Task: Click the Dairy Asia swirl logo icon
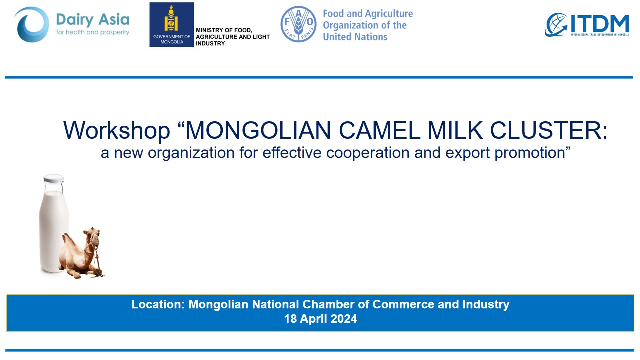coord(31,25)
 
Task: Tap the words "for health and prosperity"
coord(93,32)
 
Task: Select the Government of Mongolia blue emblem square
coord(171,25)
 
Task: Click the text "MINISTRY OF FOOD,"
coord(224,30)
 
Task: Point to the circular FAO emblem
coord(298,24)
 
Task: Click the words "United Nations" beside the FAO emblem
coord(355,37)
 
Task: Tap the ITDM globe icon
coord(556,25)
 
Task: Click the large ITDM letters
coord(600,24)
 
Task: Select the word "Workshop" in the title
coord(117,130)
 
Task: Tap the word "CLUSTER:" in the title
coord(549,130)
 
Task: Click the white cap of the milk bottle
coord(53,179)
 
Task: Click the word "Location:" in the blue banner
coord(158,304)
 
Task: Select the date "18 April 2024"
coord(320,319)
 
